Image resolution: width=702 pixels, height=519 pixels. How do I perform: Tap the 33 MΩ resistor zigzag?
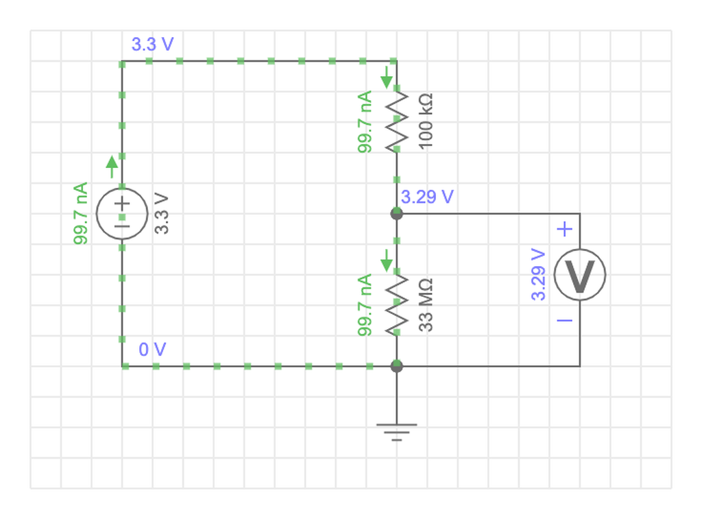397,305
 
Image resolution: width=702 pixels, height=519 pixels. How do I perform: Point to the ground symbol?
397,432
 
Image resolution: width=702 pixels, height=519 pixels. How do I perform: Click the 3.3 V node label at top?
153,45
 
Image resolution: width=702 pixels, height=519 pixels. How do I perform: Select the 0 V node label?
153,349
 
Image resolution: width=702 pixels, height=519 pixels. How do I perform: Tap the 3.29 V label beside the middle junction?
427,197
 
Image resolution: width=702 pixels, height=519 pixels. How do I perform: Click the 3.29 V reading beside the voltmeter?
538,274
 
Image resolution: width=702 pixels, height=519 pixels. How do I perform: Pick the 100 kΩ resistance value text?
425,121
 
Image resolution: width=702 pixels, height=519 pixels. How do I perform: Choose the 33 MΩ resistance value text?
425,305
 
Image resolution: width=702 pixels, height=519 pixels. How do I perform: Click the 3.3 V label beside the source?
161,214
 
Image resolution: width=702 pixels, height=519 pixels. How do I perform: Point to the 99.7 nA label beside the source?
80,214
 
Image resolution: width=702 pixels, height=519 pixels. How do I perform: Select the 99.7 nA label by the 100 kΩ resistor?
365,122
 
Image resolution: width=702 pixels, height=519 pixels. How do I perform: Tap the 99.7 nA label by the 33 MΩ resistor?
365,305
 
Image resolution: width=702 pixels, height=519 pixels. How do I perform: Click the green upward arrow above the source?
112,167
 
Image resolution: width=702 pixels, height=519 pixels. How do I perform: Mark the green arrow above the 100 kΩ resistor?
387,77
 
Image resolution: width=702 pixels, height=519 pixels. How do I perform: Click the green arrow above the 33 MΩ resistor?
387,261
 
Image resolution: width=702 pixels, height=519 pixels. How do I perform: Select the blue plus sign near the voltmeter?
565,229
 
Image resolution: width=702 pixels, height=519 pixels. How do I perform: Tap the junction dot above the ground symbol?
397,366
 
